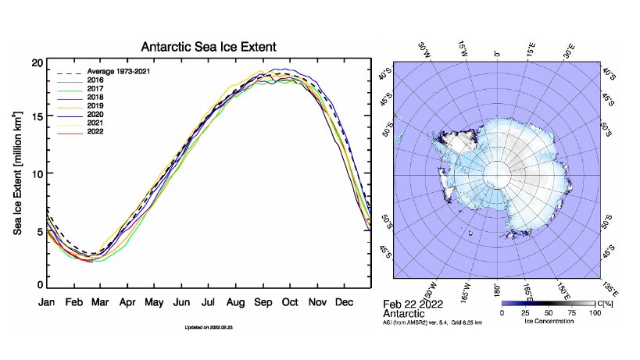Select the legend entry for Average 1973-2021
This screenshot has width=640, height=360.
118,72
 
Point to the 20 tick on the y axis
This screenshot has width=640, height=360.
37,63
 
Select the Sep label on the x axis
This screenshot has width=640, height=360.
262,302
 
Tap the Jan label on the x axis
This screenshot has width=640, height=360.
48,302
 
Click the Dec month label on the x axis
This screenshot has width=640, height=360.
344,302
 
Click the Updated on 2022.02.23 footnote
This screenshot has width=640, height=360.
207,327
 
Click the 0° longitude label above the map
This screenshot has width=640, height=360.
497,54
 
